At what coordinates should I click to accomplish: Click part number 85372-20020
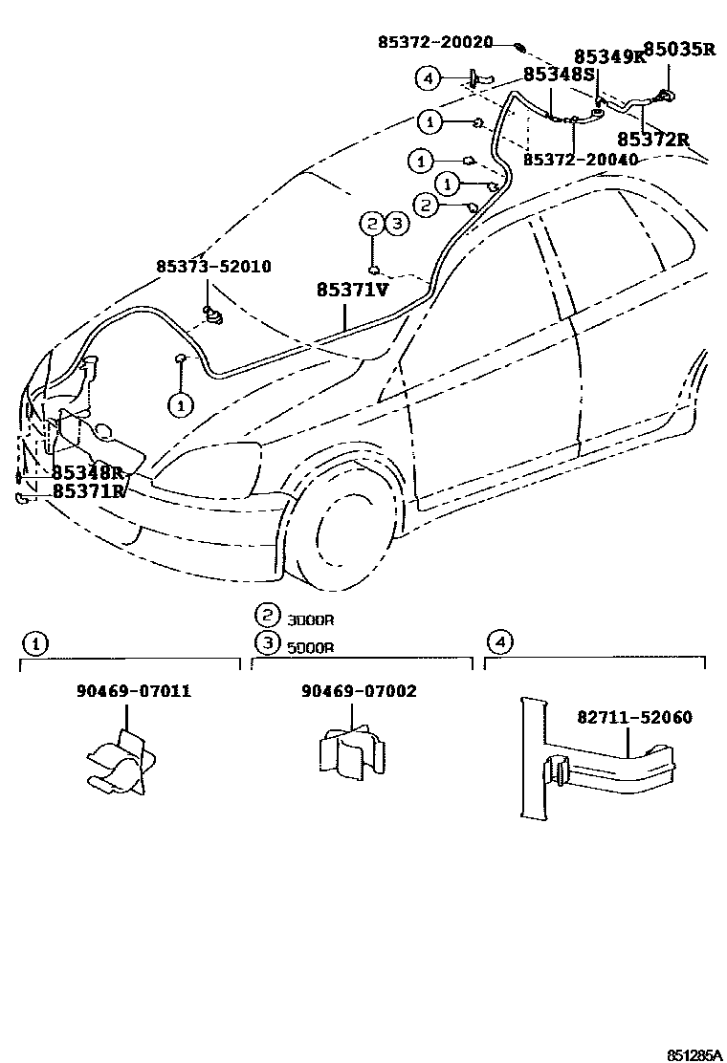click(435, 42)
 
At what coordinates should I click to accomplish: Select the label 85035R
click(678, 49)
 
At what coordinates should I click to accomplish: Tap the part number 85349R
click(609, 57)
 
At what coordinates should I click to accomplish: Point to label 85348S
click(559, 74)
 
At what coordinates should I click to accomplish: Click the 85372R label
click(653, 140)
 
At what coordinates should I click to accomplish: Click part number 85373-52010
click(213, 267)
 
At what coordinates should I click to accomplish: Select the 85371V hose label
click(352, 289)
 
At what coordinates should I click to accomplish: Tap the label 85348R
click(89, 472)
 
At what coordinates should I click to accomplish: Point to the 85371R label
click(89, 491)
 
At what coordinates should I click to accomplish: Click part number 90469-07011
click(133, 690)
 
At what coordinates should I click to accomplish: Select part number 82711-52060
click(634, 717)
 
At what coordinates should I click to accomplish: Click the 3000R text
click(310, 619)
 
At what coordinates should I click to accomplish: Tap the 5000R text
click(310, 646)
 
